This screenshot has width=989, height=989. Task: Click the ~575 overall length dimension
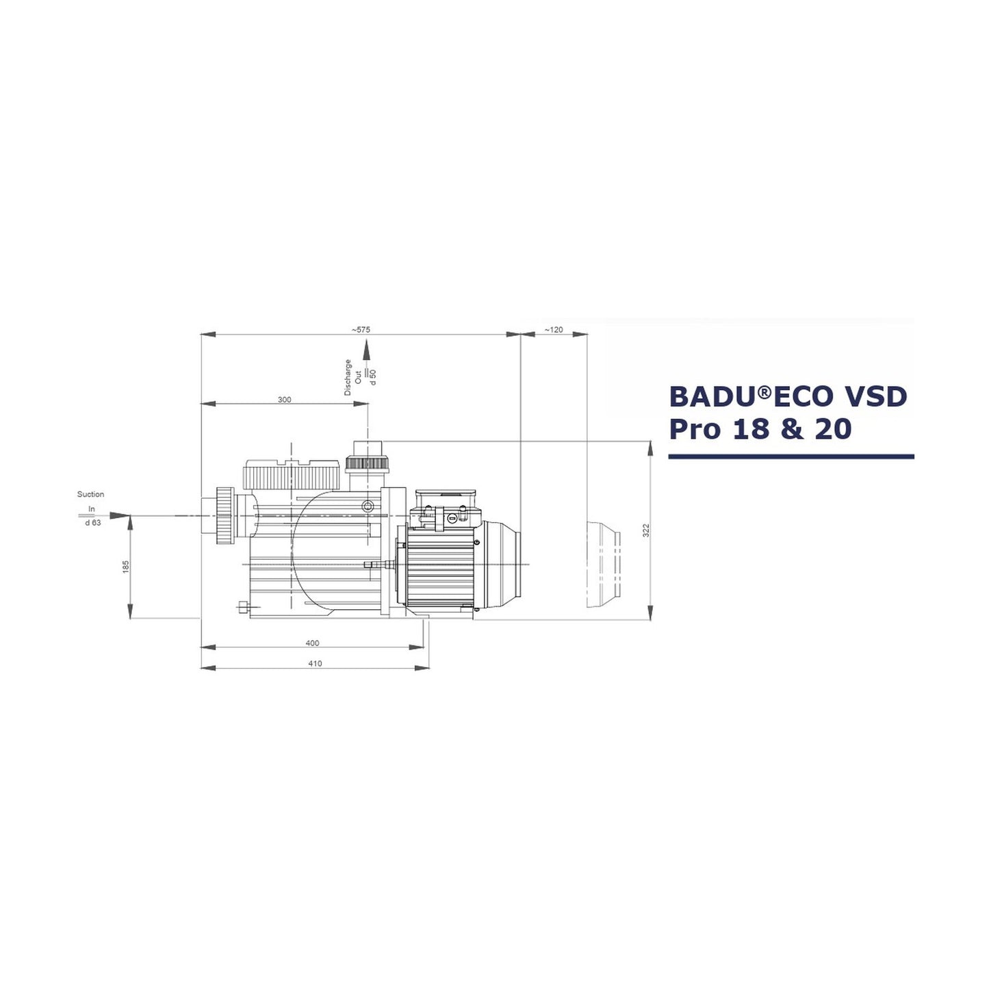point(361,329)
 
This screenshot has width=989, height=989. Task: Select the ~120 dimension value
point(554,329)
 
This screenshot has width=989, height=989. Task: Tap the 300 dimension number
point(284,399)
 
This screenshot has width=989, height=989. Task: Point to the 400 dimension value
point(312,643)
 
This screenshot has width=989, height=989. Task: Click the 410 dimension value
point(315,663)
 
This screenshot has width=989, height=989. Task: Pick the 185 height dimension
point(126,567)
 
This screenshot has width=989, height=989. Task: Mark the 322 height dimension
point(645,530)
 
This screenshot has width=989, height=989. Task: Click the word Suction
point(90,494)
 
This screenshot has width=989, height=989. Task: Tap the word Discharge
point(348,377)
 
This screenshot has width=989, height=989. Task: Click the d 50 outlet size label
point(373,376)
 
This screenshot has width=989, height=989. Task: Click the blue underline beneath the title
point(791,456)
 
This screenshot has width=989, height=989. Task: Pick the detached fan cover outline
point(603,565)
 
